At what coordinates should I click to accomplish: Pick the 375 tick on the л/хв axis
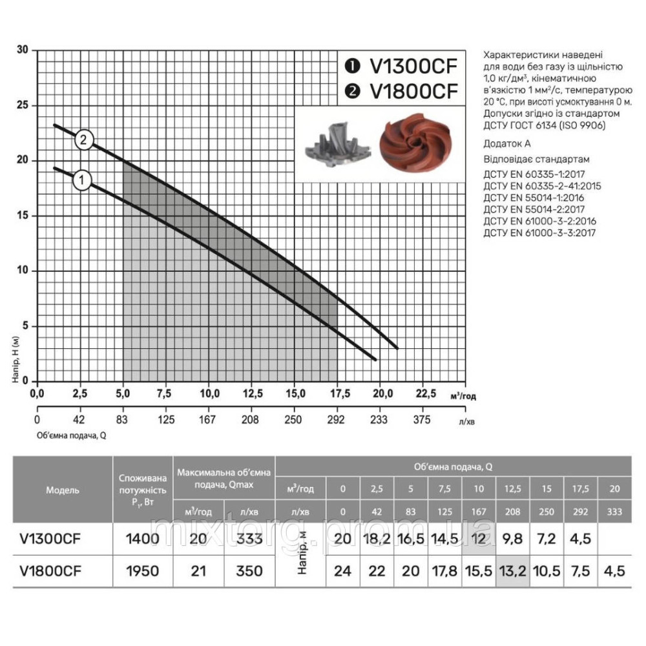tap(422, 419)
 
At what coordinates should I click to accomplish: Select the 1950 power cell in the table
tap(142, 570)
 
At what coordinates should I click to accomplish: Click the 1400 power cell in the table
tap(142, 538)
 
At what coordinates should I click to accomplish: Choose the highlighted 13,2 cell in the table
tap(512, 570)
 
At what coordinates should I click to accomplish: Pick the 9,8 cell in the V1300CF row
tap(512, 538)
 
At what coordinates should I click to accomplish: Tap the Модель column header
tap(63, 490)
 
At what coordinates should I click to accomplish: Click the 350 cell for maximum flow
tap(250, 570)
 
